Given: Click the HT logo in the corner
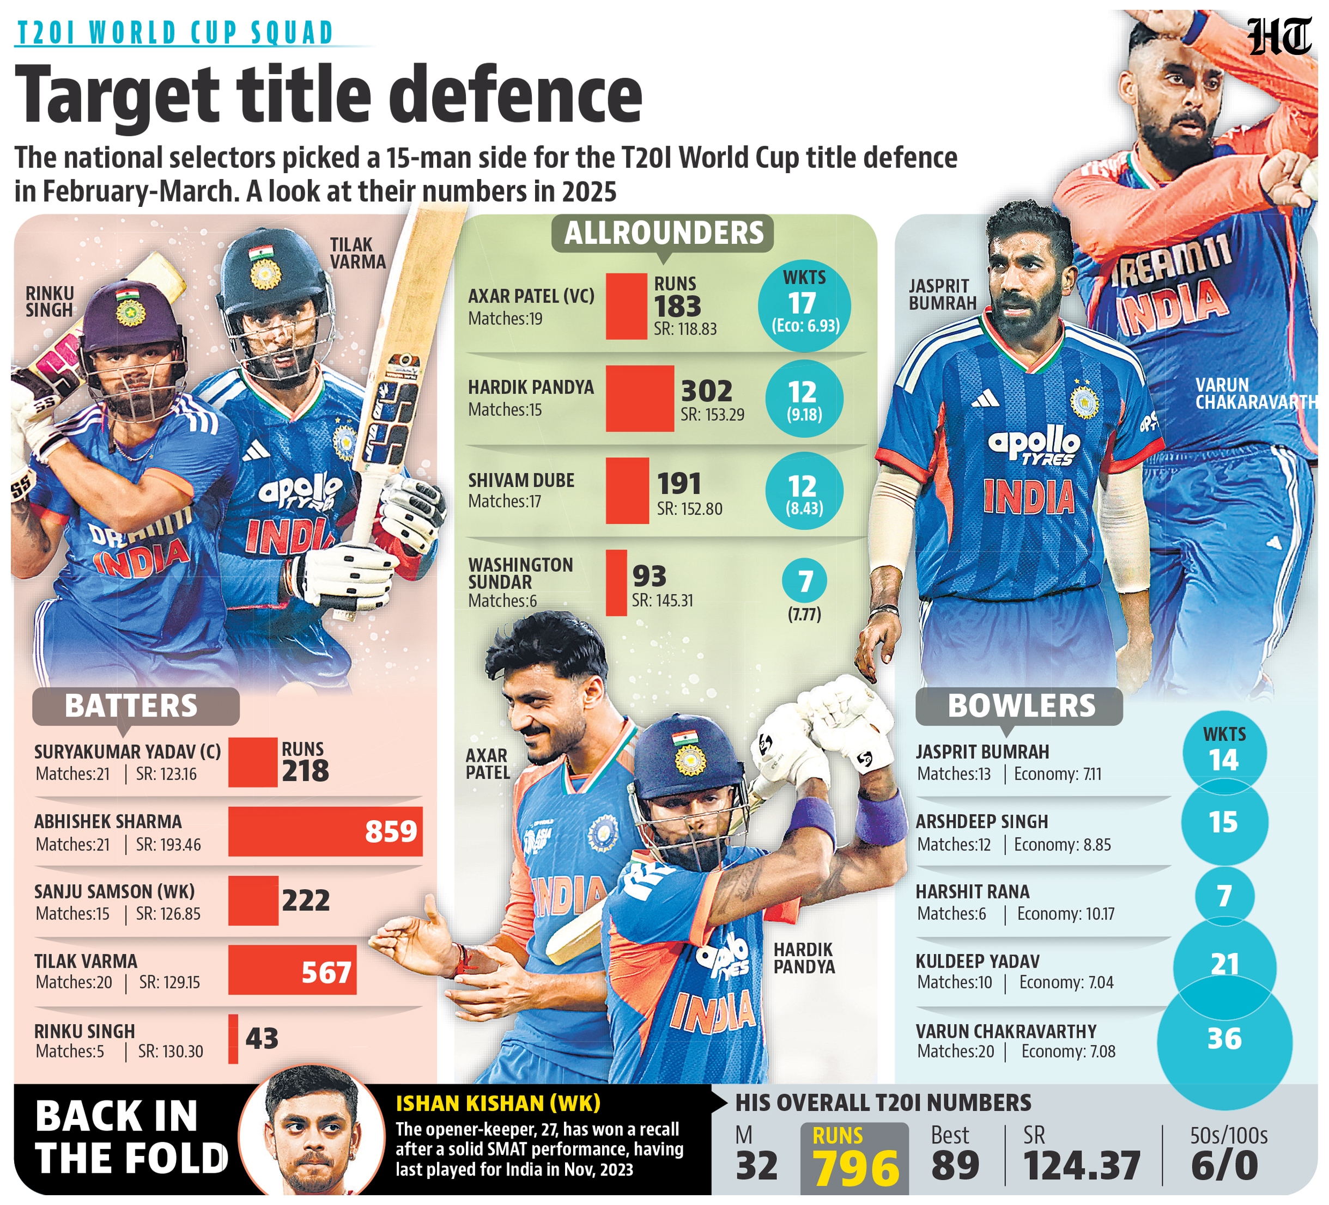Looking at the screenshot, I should pyautogui.click(x=1278, y=38).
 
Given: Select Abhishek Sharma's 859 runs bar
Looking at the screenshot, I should pyautogui.click(x=325, y=831).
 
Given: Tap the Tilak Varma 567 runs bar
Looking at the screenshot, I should pyautogui.click(x=292, y=970).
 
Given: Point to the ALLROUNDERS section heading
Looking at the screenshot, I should pyautogui.click(x=663, y=233).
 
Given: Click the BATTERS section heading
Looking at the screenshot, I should pyautogui.click(x=131, y=706).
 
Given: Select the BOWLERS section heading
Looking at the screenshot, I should pyautogui.click(x=1021, y=706).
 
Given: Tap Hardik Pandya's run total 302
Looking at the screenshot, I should pyautogui.click(x=706, y=392).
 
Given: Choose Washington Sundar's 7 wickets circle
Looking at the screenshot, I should pyautogui.click(x=804, y=581).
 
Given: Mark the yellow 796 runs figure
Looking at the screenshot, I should pyautogui.click(x=855, y=1168).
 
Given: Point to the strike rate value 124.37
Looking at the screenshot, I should pyautogui.click(x=1082, y=1166).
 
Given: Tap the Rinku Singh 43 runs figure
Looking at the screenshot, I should pyautogui.click(x=262, y=1039).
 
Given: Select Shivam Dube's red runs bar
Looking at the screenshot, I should pyautogui.click(x=627, y=491).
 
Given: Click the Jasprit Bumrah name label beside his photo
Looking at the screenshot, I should pyautogui.click(x=942, y=295).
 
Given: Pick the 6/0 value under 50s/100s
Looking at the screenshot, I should pyautogui.click(x=1224, y=1166).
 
